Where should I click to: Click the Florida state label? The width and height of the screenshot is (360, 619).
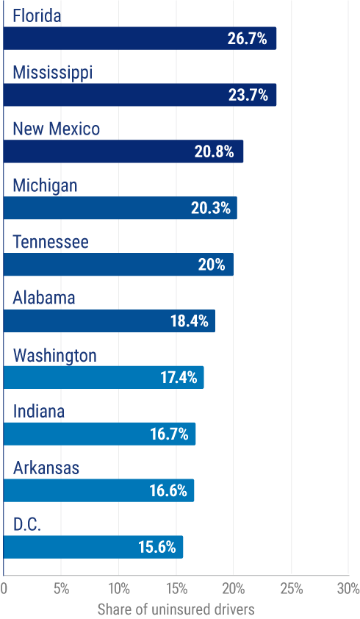point(37,15)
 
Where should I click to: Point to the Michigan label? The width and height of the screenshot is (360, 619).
point(45,185)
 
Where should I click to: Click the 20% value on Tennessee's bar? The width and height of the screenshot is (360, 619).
point(211,265)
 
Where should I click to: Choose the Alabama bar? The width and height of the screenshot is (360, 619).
point(109,321)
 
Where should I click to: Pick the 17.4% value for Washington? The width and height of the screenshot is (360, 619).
point(179,378)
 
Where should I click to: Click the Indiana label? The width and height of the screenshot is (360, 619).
point(39,411)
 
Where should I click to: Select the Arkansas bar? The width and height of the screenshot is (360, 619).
point(99,491)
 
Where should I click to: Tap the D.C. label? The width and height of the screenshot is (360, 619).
point(27,525)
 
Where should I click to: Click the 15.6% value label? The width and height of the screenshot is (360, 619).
point(157,548)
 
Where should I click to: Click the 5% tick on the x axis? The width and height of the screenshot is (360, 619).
point(61,588)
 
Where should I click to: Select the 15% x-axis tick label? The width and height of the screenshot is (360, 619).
point(176,588)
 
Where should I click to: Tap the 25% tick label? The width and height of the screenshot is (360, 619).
point(291,588)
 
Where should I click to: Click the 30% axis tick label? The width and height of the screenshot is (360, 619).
point(348,588)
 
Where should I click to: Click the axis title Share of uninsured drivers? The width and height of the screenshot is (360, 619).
point(176,609)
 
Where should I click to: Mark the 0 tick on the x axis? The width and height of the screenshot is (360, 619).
point(4,588)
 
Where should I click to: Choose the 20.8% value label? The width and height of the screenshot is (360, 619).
point(215,151)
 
